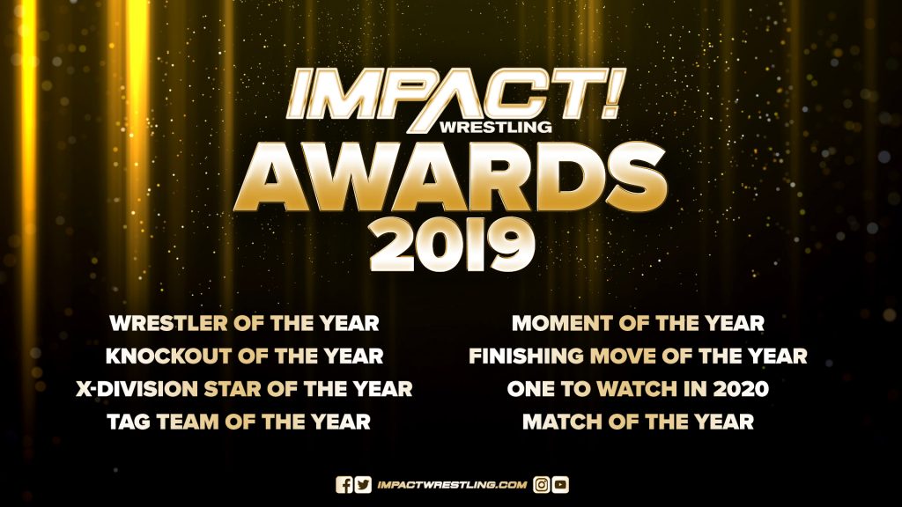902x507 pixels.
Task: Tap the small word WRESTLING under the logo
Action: click(495, 126)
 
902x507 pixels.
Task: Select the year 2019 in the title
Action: click(452, 245)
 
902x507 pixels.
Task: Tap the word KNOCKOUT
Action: click(168, 356)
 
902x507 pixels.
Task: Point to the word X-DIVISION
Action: click(137, 389)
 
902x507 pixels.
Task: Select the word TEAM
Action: click(188, 422)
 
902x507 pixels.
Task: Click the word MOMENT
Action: click(562, 323)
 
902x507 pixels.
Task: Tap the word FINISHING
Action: click(527, 356)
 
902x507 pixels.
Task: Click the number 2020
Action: click(741, 389)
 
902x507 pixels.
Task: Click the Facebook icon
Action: click(344, 485)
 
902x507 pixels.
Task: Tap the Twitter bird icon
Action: click(363, 485)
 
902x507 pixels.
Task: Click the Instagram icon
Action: click(542, 485)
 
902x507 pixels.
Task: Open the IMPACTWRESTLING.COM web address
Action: click(452, 485)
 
